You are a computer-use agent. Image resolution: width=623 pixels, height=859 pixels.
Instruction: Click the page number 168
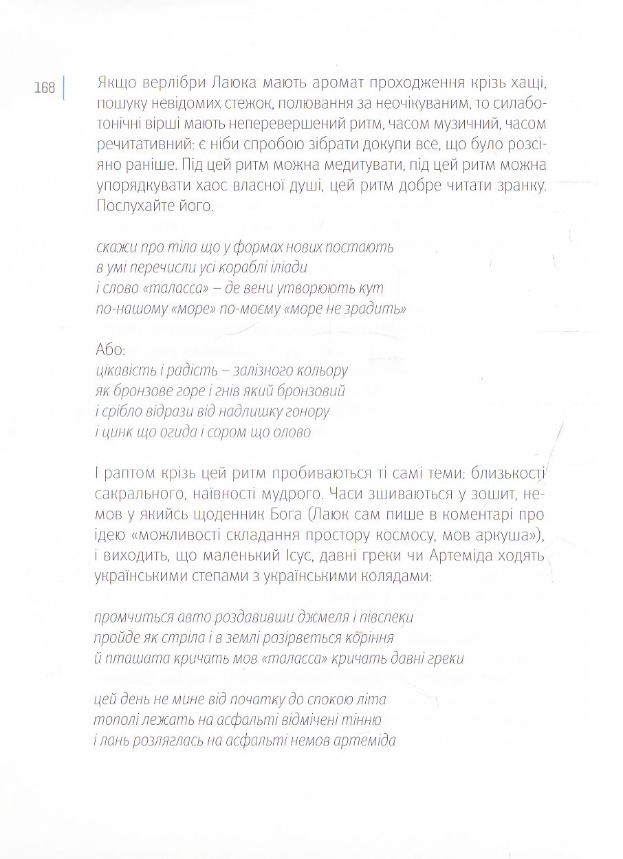44,87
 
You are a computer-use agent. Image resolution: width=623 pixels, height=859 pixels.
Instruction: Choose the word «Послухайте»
131,207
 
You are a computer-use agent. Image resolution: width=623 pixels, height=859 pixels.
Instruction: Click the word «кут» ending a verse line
372,287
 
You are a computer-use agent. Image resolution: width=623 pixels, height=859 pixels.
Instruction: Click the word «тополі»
113,720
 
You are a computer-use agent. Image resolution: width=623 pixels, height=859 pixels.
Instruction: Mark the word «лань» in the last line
117,741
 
